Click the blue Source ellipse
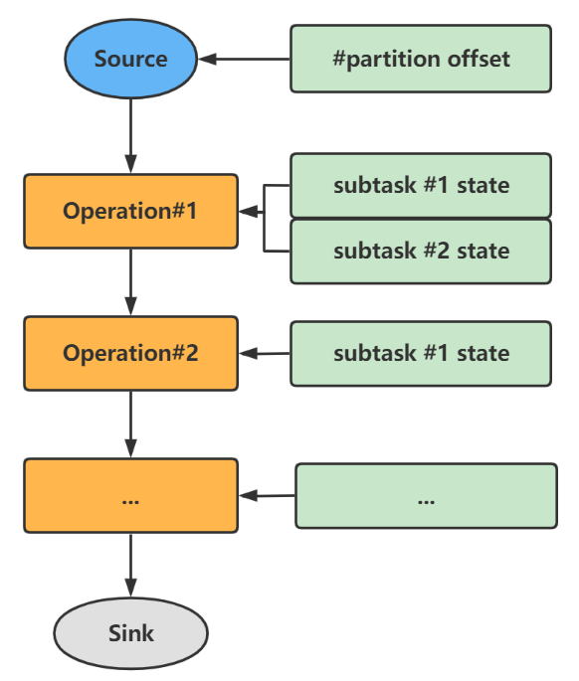pyautogui.click(x=130, y=59)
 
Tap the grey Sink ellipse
pyautogui.click(x=130, y=632)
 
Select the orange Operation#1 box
pyautogui.click(x=130, y=211)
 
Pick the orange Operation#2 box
pyautogui.click(x=130, y=353)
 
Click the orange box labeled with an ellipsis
pyautogui.click(x=130, y=495)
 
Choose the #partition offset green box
pyautogui.click(x=421, y=59)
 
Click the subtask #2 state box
pyautogui.click(x=421, y=251)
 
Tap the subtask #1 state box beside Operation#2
pyautogui.click(x=421, y=353)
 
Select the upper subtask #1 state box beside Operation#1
pyautogui.click(x=421, y=185)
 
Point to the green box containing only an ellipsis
pyautogui.click(x=426, y=495)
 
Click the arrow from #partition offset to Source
pyautogui.click(x=247, y=59)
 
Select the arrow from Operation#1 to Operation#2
pyautogui.click(x=130, y=282)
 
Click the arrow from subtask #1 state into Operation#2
pyautogui.click(x=265, y=353)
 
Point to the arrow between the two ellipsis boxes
pyautogui.click(x=267, y=495)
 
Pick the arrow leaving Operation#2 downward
pyautogui.click(x=130, y=423)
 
